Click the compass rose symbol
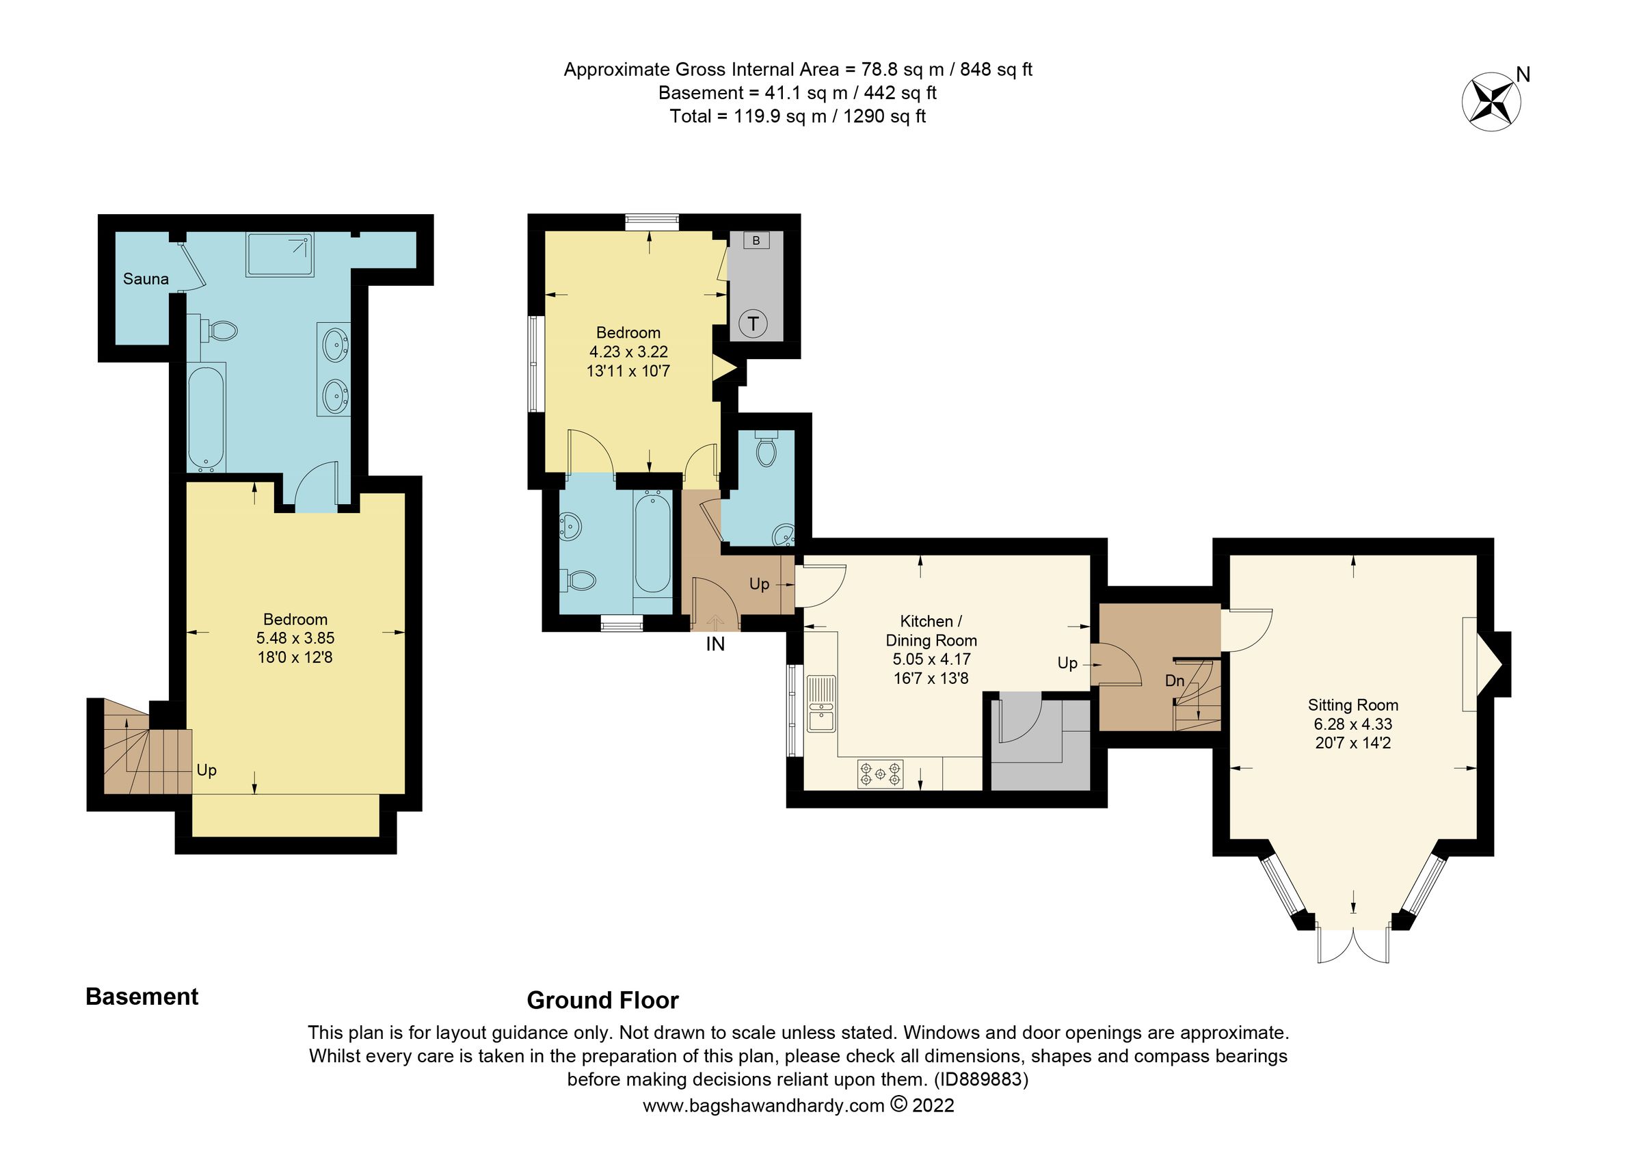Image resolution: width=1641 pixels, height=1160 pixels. (1491, 105)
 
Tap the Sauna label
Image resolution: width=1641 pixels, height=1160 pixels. (146, 280)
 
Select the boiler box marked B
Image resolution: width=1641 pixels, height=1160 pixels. (756, 241)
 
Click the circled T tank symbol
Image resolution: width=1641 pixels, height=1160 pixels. (753, 324)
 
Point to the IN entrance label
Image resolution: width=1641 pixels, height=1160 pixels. (715, 645)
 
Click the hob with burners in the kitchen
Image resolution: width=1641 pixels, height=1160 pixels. (881, 774)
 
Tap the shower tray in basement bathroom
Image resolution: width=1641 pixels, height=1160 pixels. (280, 254)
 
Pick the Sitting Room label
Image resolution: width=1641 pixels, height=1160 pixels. (1352, 705)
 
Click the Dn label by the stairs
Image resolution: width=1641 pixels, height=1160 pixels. (1174, 681)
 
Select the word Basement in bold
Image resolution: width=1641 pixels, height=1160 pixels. (142, 997)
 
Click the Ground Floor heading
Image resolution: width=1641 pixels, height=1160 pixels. (602, 1001)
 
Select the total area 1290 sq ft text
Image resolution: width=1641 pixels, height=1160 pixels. (884, 116)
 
